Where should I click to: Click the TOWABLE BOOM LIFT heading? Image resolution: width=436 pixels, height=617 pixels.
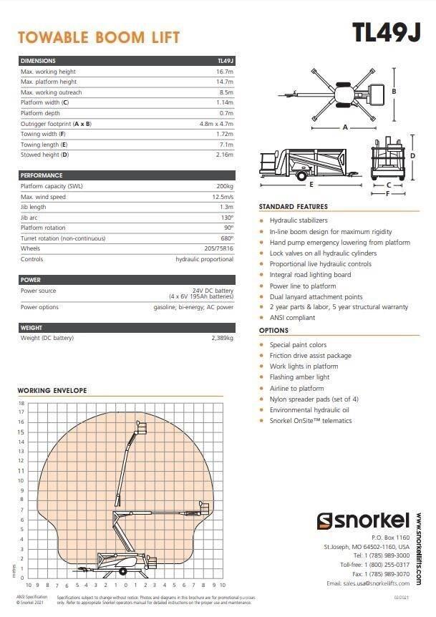click(x=99, y=37)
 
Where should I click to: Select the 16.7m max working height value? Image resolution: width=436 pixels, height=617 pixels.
click(x=225, y=72)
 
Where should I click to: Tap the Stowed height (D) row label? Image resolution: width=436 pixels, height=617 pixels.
click(x=44, y=155)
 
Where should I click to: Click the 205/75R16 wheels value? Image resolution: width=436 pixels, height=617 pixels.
click(x=219, y=248)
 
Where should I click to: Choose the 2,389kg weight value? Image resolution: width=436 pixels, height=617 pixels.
click(x=222, y=338)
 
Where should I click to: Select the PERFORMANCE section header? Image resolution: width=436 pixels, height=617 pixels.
click(x=42, y=175)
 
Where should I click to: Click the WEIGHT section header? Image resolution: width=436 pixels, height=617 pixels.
click(x=32, y=327)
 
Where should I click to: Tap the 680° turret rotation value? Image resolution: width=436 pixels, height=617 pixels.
click(x=226, y=238)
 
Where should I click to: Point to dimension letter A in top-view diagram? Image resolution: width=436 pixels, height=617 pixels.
click(x=344, y=127)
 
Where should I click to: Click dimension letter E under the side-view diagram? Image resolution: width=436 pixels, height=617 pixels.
click(x=311, y=185)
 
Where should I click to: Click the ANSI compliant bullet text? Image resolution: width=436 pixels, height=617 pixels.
click(x=292, y=318)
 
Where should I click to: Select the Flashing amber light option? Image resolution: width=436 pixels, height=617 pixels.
click(x=299, y=377)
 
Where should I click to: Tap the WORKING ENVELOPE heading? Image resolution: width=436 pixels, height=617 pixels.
click(x=52, y=391)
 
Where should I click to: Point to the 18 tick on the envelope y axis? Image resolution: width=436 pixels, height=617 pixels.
click(x=21, y=403)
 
